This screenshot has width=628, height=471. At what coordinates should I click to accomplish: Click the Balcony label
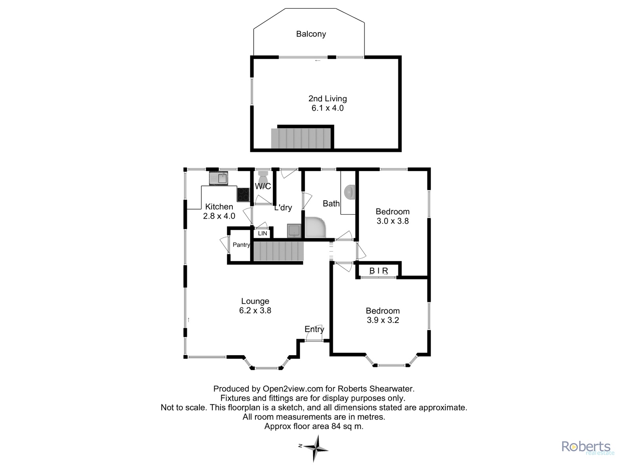tap(311, 34)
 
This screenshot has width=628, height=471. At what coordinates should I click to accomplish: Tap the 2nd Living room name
tap(328, 99)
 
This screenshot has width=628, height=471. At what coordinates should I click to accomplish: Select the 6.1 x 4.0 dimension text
tap(328, 108)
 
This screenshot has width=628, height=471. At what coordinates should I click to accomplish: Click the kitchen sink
tap(219, 179)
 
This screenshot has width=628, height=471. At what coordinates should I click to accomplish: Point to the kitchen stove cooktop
tap(243, 194)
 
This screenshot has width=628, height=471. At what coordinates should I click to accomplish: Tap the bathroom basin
tap(349, 192)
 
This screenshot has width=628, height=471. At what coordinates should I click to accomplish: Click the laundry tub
tap(294, 231)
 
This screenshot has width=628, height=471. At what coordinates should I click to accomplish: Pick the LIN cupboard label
tap(262, 234)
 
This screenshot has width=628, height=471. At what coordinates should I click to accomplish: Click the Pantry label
tap(241, 245)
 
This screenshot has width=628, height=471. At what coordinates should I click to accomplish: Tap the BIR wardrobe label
tap(378, 270)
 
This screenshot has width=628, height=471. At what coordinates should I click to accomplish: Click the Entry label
tap(314, 329)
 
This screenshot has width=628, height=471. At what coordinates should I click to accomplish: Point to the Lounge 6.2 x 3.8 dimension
tap(255, 310)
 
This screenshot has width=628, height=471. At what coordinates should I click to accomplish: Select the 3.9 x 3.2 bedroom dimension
tap(383, 320)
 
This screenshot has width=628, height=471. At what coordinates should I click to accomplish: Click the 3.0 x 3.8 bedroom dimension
tap(392, 221)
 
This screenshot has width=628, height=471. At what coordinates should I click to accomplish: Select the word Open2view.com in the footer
tap(293, 389)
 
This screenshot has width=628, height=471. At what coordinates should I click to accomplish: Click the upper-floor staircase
tap(301, 139)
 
